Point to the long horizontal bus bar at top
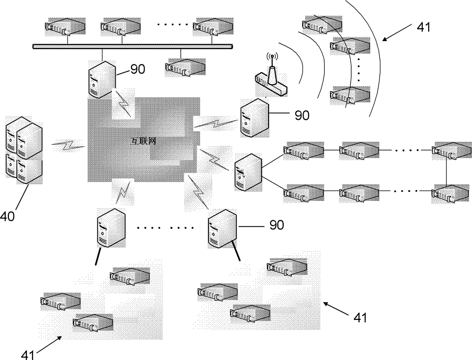(x=133, y=46)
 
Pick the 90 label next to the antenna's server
(x=302, y=115)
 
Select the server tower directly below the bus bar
(x=101, y=79)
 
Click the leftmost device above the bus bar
(x=65, y=27)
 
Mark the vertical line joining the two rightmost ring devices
(x=447, y=172)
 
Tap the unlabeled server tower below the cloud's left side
(x=111, y=228)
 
